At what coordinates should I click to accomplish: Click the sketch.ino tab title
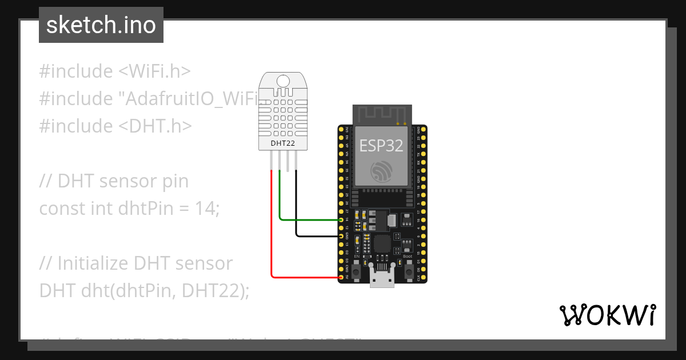(101, 25)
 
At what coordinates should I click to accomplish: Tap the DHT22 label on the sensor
(282, 143)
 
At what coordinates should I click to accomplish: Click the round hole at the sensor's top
(282, 81)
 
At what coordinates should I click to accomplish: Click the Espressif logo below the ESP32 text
(381, 171)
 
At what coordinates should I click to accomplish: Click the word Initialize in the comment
(93, 263)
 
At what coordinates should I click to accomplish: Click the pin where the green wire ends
(342, 219)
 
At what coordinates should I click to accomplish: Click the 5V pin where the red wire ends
(342, 277)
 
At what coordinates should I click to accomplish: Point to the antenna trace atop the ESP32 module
(381, 114)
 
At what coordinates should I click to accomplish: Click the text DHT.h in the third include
(155, 126)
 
